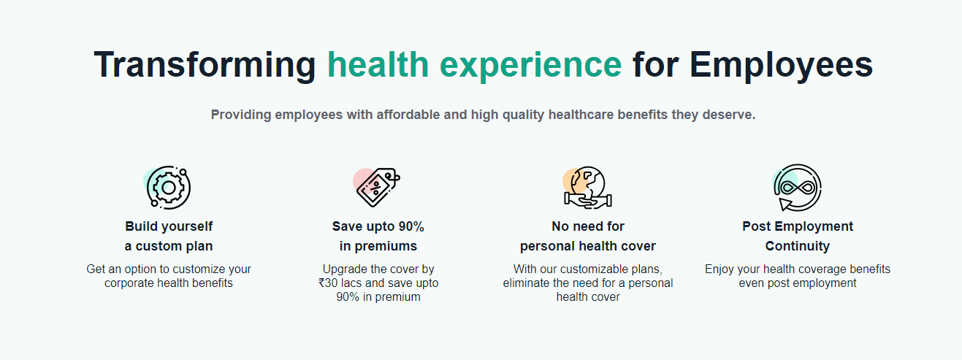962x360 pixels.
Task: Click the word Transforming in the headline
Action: pyautogui.click(x=205, y=65)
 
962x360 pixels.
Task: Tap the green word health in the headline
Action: pyautogui.click(x=378, y=65)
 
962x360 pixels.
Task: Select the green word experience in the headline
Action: pyautogui.click(x=530, y=66)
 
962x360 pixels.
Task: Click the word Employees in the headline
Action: pyautogui.click(x=781, y=66)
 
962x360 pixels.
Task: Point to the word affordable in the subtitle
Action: pyautogui.click(x=408, y=115)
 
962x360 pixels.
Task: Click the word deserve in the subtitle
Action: pyautogui.click(x=729, y=115)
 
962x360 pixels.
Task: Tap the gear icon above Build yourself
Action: pyautogui.click(x=167, y=188)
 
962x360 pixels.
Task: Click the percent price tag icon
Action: pyautogui.click(x=377, y=187)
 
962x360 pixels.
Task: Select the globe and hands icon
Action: pyautogui.click(x=587, y=188)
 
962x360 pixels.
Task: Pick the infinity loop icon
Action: pyautogui.click(x=797, y=188)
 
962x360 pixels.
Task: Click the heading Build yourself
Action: pyautogui.click(x=169, y=226)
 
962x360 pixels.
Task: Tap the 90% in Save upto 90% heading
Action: pyautogui.click(x=411, y=226)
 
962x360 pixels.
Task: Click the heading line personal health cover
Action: pyautogui.click(x=587, y=246)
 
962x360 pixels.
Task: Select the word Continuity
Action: pyautogui.click(x=798, y=246)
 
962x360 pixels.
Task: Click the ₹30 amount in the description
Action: pyautogui.click(x=328, y=283)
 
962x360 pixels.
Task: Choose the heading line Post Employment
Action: pyautogui.click(x=798, y=226)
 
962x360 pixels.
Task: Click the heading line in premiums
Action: pyautogui.click(x=378, y=246)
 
